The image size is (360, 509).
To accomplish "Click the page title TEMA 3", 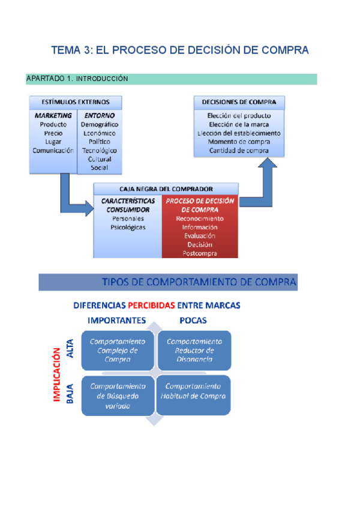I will coord(180,50).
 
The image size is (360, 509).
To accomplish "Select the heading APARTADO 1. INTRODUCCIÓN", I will coord(77,79).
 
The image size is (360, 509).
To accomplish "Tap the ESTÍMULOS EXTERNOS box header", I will coord(75,102).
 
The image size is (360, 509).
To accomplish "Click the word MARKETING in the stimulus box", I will coord(53,115).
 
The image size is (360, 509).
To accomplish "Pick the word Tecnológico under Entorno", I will coord(100,150).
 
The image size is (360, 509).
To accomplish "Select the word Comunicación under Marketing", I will coord(53,150).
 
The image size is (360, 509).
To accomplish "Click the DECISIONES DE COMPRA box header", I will coord(239,102).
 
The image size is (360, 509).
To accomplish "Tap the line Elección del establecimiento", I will coord(239,133).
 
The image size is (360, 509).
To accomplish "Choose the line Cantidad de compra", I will coord(239,150).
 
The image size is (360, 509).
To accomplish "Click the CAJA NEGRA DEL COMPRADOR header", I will coord(166,188).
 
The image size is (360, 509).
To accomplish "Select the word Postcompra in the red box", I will coord(200,253).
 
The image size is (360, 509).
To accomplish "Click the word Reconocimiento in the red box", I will coord(200,218).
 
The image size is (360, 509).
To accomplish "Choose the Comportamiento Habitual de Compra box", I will coord(193,391).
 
